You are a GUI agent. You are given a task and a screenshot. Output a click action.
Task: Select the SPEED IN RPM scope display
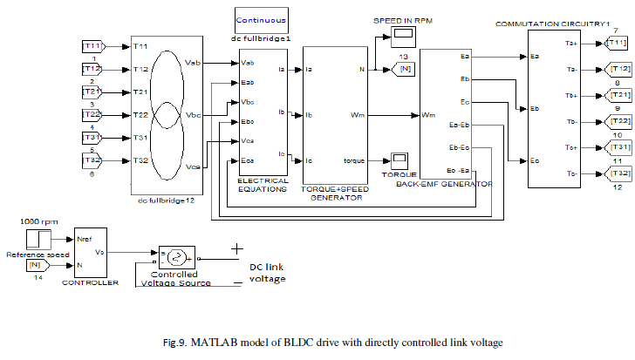pos(402,36)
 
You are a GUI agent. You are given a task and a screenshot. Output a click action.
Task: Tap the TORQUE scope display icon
pos(400,160)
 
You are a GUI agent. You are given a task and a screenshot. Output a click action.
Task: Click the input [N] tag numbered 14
pos(34,264)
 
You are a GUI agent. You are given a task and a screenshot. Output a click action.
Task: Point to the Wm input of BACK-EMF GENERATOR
pos(428,114)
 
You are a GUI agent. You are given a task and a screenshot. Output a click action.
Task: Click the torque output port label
pos(354,160)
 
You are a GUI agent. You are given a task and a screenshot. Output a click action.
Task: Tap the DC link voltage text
pos(265,271)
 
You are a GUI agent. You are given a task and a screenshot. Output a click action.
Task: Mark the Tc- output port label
pos(571,174)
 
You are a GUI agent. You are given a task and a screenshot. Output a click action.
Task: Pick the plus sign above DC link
pos(235,249)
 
